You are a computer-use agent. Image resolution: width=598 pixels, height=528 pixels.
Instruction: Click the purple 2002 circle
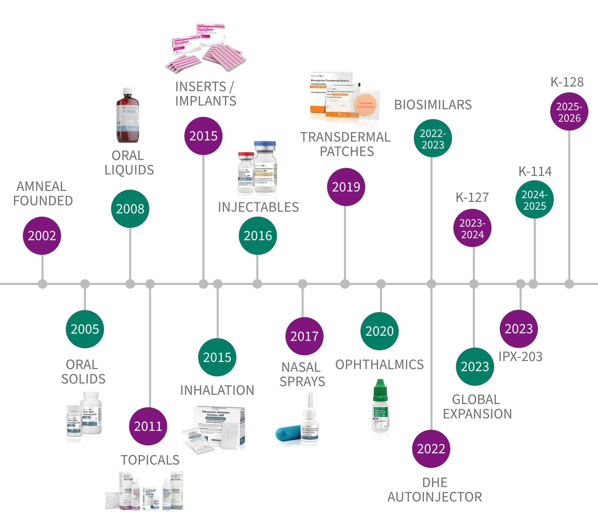[x=42, y=236]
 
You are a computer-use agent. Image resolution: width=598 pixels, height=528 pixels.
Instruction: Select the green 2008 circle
[x=130, y=208]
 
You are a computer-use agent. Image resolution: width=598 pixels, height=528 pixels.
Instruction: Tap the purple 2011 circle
[x=148, y=426]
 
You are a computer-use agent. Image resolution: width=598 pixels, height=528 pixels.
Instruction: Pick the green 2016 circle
[x=258, y=236]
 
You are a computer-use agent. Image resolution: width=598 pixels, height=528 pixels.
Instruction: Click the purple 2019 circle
[x=346, y=187]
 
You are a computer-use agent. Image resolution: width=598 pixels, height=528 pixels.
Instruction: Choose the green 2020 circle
[x=379, y=331]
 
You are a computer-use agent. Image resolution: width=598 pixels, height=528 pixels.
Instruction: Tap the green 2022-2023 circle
[x=433, y=138]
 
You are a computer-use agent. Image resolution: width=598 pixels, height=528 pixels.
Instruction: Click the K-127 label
[x=472, y=198]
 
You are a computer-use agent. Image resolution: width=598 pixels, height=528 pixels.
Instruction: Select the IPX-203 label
[x=520, y=357]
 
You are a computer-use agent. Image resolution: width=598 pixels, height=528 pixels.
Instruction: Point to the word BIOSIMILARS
[x=433, y=105]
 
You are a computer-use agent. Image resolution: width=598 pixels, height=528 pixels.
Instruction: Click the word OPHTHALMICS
[x=379, y=364]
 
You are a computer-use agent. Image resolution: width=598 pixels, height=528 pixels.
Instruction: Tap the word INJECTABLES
[x=258, y=207]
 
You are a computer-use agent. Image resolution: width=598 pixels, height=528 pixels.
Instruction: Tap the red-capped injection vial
[x=246, y=172]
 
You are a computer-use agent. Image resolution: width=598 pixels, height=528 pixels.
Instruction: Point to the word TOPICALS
[x=150, y=460]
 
